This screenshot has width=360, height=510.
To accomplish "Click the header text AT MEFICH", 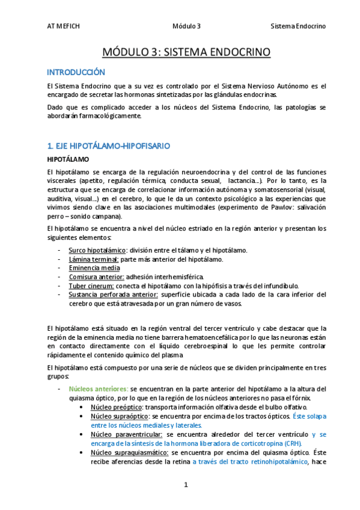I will tap(63, 26).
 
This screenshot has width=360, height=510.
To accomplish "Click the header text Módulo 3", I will tap(186, 26).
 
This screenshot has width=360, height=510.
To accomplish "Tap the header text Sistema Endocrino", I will tap(298, 26).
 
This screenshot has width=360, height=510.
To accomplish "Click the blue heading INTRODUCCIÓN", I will tap(76, 72).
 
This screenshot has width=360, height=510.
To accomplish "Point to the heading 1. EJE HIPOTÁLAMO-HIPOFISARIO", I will tap(108, 146).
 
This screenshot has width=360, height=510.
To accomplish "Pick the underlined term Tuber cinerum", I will tap(92, 286).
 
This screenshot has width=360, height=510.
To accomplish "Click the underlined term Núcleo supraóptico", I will tap(119, 416).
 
